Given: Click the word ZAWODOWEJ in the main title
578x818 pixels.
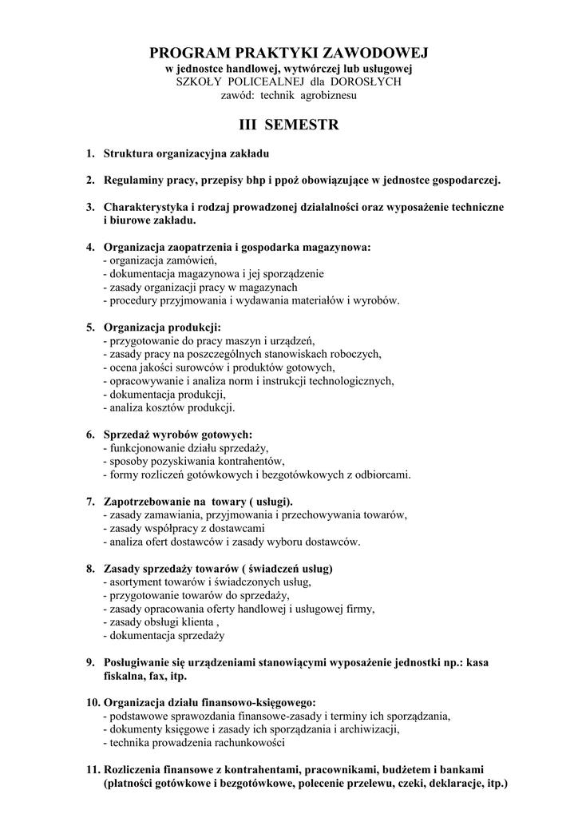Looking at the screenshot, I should pyautogui.click(x=374, y=54).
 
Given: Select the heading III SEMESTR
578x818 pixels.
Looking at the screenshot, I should pyautogui.click(x=289, y=125).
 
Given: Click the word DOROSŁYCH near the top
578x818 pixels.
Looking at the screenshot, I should pyautogui.click(x=367, y=81).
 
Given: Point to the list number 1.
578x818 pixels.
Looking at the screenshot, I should pyautogui.click(x=90, y=153).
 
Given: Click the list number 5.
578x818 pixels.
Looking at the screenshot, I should pyautogui.click(x=90, y=327).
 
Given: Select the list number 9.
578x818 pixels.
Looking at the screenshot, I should pyautogui.click(x=90, y=662).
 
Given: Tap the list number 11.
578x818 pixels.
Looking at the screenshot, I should pyautogui.click(x=92, y=769).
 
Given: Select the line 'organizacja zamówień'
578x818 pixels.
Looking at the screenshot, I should pyautogui.click(x=163, y=260).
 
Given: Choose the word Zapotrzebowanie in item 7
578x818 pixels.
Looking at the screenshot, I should pyautogui.click(x=149, y=502).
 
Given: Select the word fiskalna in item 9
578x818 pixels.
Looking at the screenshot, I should pyautogui.click(x=125, y=676).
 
